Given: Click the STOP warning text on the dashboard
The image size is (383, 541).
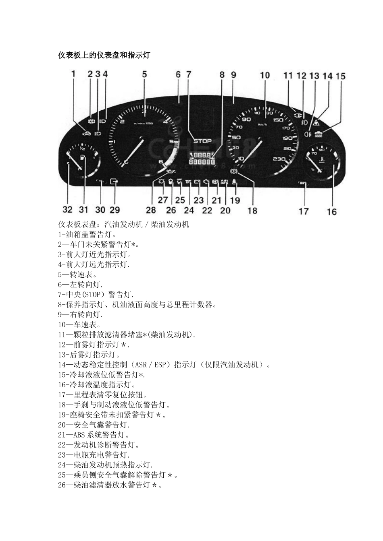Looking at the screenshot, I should pos(202,141).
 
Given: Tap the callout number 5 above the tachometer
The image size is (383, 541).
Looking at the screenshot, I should pos(144,74).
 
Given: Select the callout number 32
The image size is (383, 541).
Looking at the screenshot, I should pos(67,210).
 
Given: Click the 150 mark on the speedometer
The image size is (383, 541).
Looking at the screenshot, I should pos(278,120).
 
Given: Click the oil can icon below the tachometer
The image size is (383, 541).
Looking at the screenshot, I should pos(171,173).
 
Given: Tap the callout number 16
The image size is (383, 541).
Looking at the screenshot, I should pos(331,211).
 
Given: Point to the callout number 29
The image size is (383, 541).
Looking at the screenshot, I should pos(115,210).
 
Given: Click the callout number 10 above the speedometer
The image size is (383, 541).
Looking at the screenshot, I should pos(264,75).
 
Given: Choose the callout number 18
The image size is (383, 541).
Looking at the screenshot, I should pos(252,211).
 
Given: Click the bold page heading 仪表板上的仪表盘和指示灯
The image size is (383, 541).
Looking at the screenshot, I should pos(104,56).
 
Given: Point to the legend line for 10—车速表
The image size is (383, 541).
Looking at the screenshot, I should pos(79,324).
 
